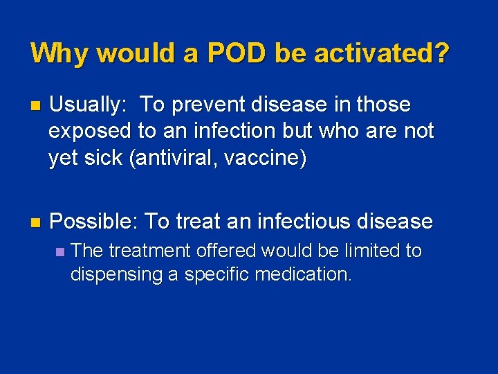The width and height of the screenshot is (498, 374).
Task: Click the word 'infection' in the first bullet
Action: click(242, 132)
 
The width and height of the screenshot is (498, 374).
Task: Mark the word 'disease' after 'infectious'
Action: click(394, 222)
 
